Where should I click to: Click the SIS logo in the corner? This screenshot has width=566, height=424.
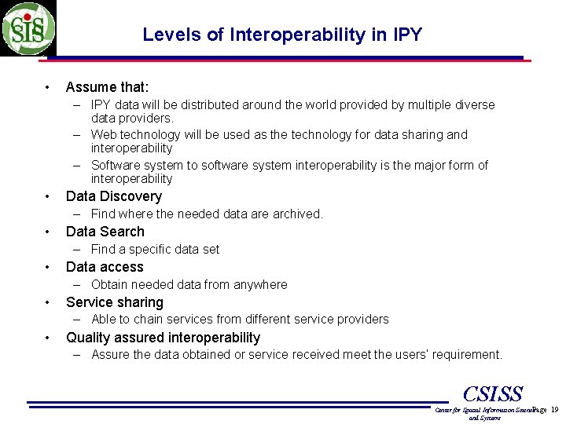[28, 28]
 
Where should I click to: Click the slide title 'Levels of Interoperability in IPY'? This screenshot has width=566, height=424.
[282, 35]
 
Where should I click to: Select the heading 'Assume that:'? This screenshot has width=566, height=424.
[107, 87]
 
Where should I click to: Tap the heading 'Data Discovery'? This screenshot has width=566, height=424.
[113, 196]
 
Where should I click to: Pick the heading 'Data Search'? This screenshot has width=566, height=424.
[105, 232]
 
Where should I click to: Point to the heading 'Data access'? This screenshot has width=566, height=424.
[105, 267]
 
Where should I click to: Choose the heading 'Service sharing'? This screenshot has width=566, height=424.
[114, 302]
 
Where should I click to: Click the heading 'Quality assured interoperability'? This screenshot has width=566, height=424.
[163, 338]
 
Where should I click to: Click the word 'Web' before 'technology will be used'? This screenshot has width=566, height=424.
[104, 135]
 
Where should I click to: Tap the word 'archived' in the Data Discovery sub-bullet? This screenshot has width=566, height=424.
[297, 214]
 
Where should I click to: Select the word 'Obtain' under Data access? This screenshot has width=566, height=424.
[110, 284]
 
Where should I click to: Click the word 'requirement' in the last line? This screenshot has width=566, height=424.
[465, 355]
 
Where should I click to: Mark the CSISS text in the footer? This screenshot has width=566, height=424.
[493, 394]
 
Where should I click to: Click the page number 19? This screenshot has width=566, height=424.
[554, 410]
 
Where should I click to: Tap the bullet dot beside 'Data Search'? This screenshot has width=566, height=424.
[48, 232]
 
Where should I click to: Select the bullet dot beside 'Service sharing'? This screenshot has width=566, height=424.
[48, 302]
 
